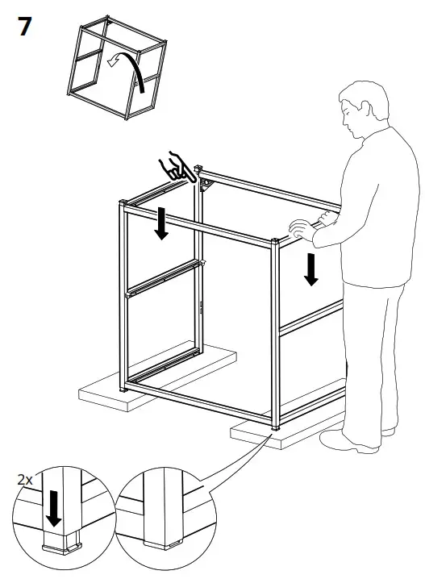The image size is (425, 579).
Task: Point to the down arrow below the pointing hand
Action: (x=162, y=224)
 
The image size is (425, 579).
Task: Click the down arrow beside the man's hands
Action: (x=311, y=268)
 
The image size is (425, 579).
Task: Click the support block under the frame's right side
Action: (x=282, y=435)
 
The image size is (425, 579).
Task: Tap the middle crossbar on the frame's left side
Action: (x=161, y=279)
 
